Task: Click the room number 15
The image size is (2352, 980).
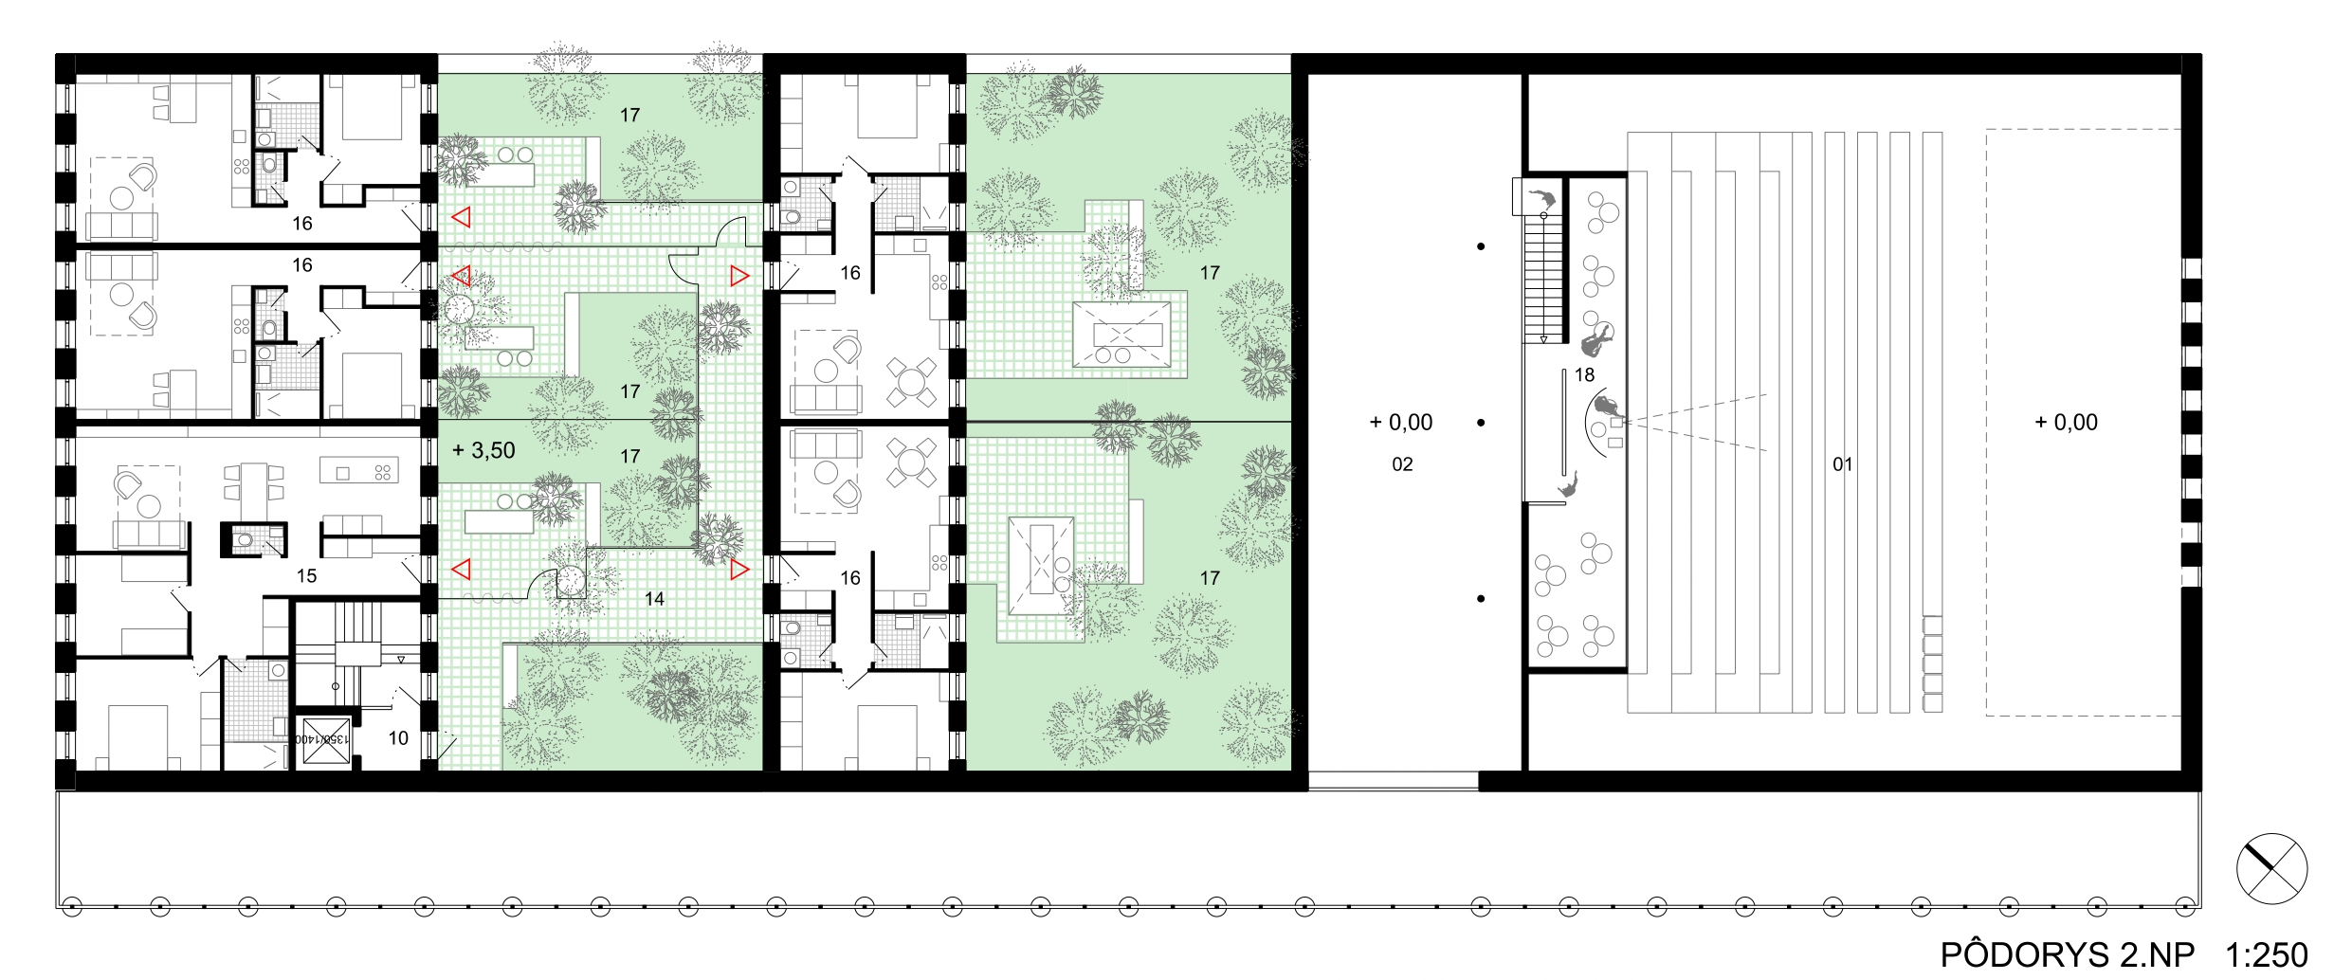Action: pyautogui.click(x=306, y=576)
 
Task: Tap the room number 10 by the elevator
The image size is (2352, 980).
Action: pyautogui.click(x=398, y=738)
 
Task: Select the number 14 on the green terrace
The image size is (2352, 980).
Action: pyautogui.click(x=654, y=599)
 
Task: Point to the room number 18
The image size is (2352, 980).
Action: pyautogui.click(x=1584, y=375)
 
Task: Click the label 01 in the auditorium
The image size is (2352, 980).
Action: pyautogui.click(x=1842, y=464)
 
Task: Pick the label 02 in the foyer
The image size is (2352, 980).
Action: pyautogui.click(x=1402, y=464)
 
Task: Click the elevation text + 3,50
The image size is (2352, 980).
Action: pyautogui.click(x=483, y=450)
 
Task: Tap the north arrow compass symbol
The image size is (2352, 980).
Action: pyautogui.click(x=2272, y=869)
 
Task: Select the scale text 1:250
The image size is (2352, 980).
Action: pyautogui.click(x=2266, y=954)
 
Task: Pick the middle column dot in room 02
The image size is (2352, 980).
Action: pyautogui.click(x=1481, y=423)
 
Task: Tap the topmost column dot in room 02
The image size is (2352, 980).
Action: pyautogui.click(x=1481, y=246)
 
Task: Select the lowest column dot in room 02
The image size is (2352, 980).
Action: pyautogui.click(x=1481, y=599)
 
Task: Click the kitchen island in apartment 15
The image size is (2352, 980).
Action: pyautogui.click(x=359, y=471)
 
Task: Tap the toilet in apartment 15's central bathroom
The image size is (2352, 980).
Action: pyautogui.click(x=246, y=540)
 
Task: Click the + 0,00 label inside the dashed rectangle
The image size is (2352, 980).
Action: pyautogui.click(x=2067, y=423)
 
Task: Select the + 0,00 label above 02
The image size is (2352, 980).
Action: pyautogui.click(x=1401, y=423)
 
